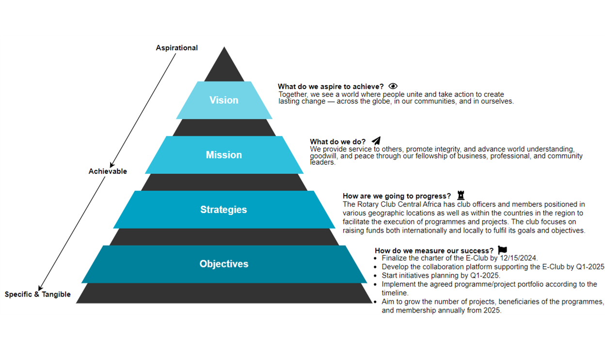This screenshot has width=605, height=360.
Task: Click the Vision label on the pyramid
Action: tap(224, 100)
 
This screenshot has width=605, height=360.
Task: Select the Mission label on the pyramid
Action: tap(224, 155)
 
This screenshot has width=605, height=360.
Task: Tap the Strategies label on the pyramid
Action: tap(223, 210)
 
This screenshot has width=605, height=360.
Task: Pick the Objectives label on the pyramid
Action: tap(224, 264)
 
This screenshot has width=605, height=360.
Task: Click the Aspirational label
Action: tap(177, 48)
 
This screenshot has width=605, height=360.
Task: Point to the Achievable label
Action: tap(108, 172)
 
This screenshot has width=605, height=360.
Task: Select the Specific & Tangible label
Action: tap(37, 295)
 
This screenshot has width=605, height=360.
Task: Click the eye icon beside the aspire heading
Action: tap(393, 86)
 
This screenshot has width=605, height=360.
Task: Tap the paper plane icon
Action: tap(376, 141)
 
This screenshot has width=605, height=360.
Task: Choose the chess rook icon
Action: tap(461, 195)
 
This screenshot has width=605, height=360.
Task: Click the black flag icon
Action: tap(502, 250)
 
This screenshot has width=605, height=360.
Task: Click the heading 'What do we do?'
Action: tap(337, 141)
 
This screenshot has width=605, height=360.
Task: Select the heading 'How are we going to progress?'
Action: tap(397, 196)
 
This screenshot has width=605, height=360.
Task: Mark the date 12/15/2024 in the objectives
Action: tap(518, 258)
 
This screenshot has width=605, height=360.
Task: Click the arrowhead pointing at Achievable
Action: tap(112, 165)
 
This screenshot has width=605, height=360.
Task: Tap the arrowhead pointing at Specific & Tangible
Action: tap(41, 288)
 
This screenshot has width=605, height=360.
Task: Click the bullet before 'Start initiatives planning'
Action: tap(375, 276)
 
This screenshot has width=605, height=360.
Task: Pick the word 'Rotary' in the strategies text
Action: tap(368, 204)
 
